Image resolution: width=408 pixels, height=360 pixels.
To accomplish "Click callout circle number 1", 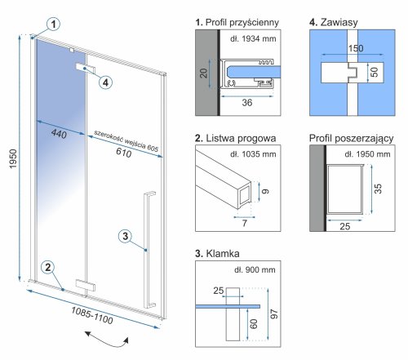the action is point(54,24).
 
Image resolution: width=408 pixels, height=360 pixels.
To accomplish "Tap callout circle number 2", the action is point(48,268).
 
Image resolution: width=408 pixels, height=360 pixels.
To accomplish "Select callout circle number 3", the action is point(126,236).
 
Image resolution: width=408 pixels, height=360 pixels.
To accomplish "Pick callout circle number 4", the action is point(105,82).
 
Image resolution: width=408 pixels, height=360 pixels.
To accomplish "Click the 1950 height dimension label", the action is point(13,158).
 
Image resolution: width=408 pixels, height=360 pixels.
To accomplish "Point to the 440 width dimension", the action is point(59,134).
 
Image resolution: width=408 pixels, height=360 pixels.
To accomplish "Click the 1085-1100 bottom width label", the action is point(92,315).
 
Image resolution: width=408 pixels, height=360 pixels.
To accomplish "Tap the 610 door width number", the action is point(124,153).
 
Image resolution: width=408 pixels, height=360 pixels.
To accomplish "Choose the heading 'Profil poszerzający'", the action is point(351,139).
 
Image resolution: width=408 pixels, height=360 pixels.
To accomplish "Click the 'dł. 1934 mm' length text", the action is point(253,38).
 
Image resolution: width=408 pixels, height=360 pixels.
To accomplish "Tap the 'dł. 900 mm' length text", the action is point(255,269).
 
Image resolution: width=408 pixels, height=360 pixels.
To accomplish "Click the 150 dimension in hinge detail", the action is point(356,48).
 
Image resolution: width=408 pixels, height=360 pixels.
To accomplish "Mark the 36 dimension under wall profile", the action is point(247,103).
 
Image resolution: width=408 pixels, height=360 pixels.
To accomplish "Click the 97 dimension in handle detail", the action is point(274,314).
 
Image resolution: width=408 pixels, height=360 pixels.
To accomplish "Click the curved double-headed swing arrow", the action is point(107,340).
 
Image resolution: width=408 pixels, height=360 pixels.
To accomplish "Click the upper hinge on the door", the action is point(85,69).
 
